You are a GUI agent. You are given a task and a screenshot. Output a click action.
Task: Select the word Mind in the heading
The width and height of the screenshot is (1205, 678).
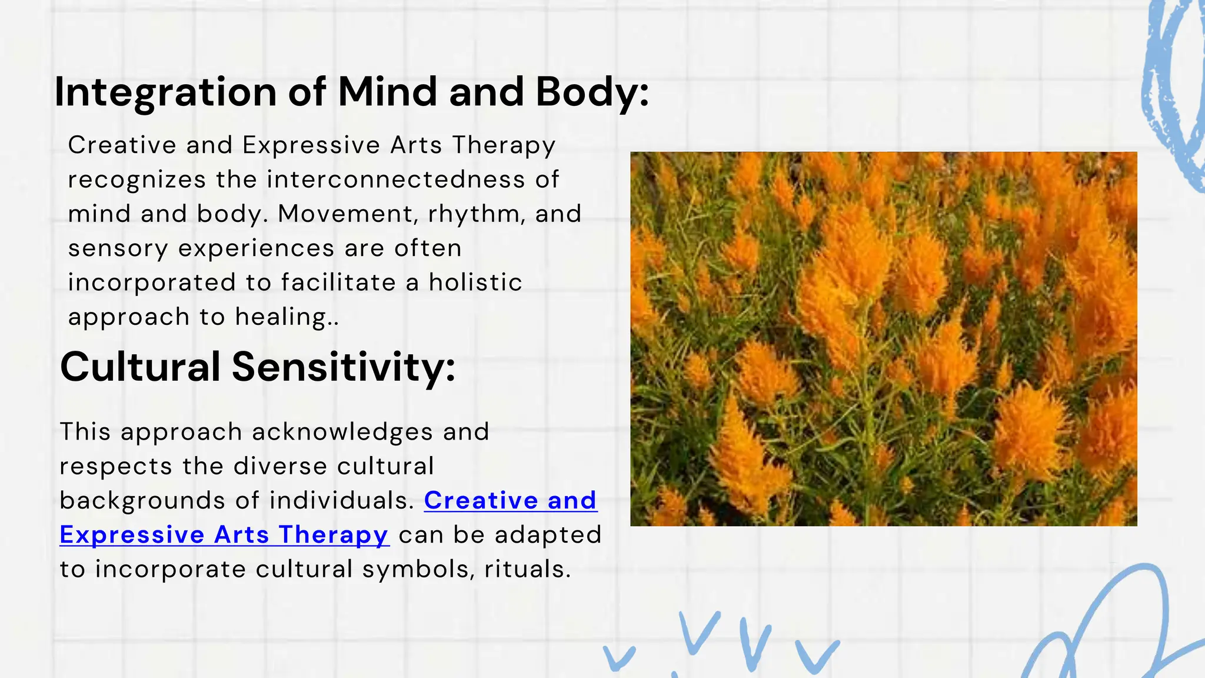[388, 92]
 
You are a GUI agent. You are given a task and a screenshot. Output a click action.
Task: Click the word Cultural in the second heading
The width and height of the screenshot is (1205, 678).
[140, 367]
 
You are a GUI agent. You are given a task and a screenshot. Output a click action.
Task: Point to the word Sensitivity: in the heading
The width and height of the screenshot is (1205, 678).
[344, 367]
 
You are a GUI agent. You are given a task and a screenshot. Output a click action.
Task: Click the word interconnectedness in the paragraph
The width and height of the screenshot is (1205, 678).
[395, 180]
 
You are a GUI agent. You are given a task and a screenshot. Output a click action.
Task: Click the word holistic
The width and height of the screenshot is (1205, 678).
[475, 282]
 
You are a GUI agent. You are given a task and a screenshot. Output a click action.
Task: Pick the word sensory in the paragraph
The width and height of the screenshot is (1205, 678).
[118, 248]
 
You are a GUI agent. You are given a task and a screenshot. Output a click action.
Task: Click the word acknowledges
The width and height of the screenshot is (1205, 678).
[341, 432]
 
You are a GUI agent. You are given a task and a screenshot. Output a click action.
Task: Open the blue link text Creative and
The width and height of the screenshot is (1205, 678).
[510, 501]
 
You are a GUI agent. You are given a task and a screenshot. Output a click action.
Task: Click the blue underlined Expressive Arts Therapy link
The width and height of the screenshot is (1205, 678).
[224, 535]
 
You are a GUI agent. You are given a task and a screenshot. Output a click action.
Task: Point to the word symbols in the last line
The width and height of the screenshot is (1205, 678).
[418, 570]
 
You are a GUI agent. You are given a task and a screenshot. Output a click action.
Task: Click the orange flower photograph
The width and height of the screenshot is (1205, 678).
[883, 338]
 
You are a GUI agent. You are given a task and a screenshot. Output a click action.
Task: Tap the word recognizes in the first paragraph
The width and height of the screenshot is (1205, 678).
[137, 180]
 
